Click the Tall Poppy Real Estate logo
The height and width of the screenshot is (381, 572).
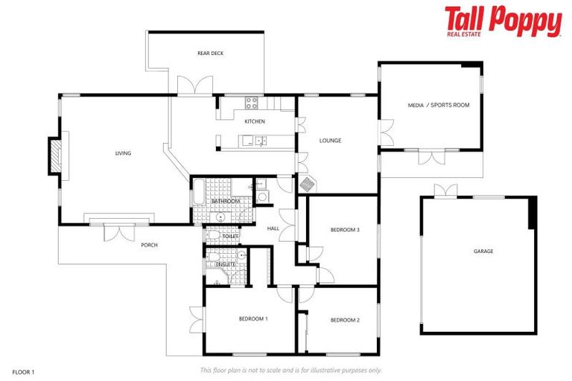(x=503, y=22)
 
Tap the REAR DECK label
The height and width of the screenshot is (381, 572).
(x=211, y=54)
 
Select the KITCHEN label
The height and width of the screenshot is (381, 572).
(x=255, y=121)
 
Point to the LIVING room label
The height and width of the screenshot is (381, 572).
(x=123, y=153)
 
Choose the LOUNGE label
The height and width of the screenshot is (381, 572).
(x=330, y=140)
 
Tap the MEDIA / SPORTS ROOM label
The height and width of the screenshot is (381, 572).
(x=439, y=105)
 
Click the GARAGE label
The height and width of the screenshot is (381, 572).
(x=483, y=251)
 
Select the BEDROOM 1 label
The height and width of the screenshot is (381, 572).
(x=253, y=318)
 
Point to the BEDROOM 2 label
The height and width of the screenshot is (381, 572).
(x=345, y=320)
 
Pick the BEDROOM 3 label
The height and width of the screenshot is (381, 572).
(x=345, y=230)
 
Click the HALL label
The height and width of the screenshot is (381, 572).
(x=273, y=228)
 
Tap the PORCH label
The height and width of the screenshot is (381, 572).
(x=149, y=245)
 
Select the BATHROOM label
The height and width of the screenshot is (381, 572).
(x=225, y=202)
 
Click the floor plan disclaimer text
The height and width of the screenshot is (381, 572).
(x=290, y=370)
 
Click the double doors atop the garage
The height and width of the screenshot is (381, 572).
(x=446, y=190)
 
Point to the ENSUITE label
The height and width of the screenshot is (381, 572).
(x=226, y=264)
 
